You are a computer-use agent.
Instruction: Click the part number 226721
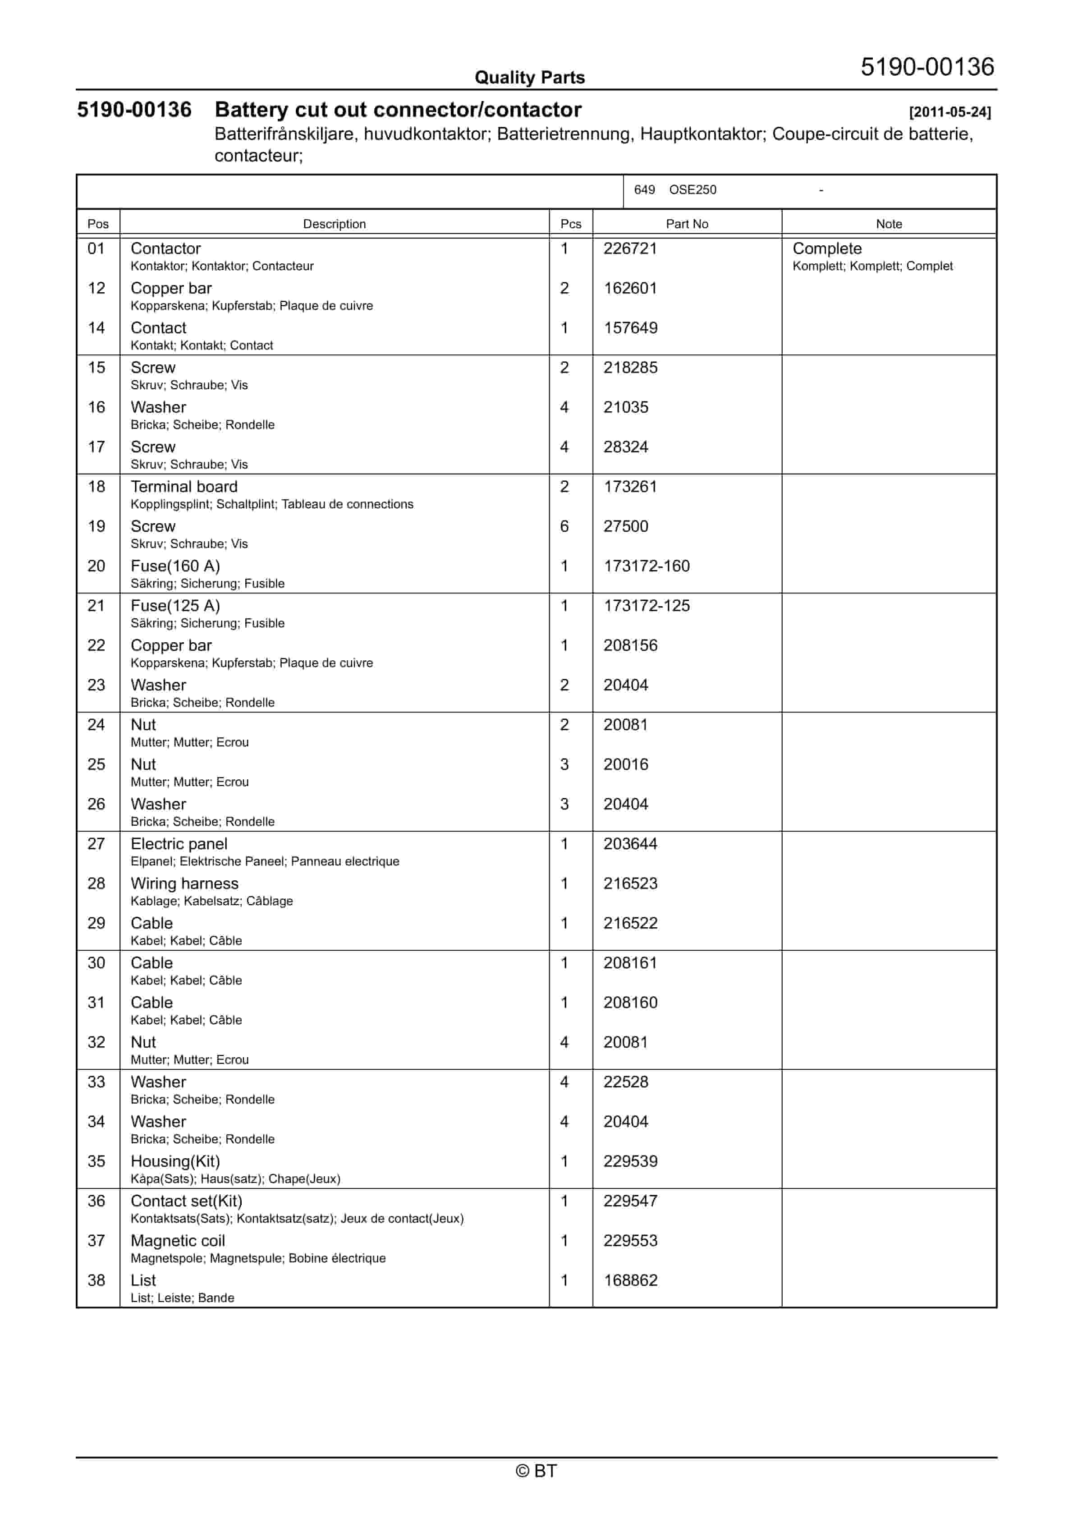630,249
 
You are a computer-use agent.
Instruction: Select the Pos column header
98,224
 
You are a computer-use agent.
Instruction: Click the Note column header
889,224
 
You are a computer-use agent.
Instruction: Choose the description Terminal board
184,487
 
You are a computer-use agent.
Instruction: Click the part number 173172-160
647,566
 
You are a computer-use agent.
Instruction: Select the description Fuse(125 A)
175,606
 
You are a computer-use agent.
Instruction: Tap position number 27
96,844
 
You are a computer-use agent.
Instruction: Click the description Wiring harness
184,884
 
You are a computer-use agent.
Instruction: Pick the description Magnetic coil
178,1241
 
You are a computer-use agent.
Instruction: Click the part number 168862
630,1281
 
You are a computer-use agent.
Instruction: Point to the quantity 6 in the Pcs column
564,527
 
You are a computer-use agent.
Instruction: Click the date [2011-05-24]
950,112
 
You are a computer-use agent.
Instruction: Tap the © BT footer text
536,1471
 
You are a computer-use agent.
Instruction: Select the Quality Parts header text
529,78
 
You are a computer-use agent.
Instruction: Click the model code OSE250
692,190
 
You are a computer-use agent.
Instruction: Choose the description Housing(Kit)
175,1162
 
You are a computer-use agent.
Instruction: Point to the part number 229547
630,1201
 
